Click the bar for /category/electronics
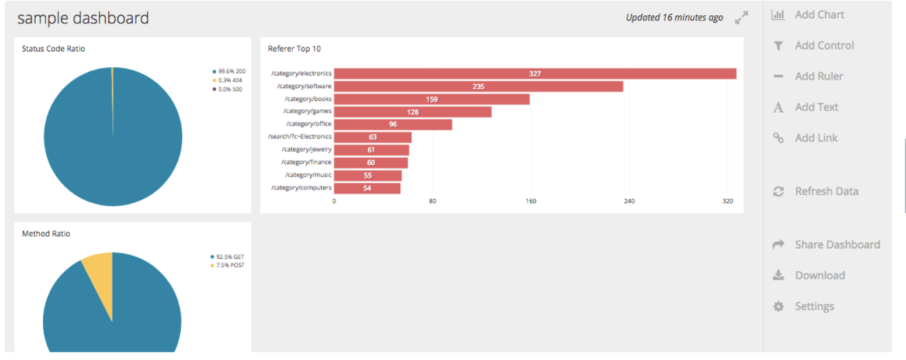coord(535,74)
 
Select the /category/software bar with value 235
coord(478,86)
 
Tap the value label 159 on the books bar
coord(431,99)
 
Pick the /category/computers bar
coord(367,188)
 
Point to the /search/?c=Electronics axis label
coord(300,137)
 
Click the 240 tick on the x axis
coord(629,201)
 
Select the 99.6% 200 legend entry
coord(231,71)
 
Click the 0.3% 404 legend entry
coord(230,80)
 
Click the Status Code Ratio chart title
coord(53,49)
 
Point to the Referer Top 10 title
coord(294,49)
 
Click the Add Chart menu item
coord(819,15)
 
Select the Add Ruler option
coord(819,77)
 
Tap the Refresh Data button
coord(826,192)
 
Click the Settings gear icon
coord(779,307)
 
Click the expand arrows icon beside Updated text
coord(741,18)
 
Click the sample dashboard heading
coord(83,18)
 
